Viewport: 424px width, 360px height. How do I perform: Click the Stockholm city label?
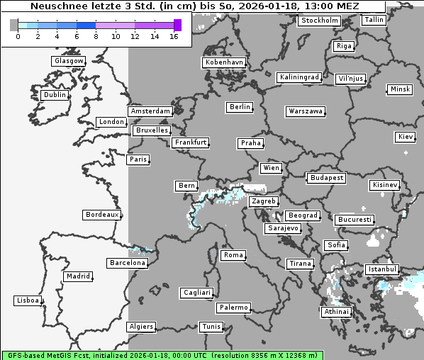point(319,21)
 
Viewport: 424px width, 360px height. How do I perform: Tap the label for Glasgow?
point(69,61)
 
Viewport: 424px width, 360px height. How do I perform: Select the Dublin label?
point(55,95)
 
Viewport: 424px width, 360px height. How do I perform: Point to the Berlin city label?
point(240,107)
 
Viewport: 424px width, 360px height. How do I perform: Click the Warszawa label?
point(306,111)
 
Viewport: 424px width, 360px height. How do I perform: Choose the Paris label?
point(138,159)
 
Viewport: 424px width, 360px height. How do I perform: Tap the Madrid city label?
point(77,276)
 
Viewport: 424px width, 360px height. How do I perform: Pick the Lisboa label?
point(28,300)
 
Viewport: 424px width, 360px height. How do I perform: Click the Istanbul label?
point(382,269)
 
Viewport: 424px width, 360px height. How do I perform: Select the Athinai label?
point(336,312)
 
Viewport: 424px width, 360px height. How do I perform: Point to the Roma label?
point(233,255)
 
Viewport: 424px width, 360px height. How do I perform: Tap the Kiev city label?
point(406,136)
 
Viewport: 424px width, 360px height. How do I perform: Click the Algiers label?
point(140,327)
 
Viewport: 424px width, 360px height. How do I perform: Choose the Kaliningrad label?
point(299,77)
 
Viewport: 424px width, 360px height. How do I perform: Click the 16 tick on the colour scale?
point(174,36)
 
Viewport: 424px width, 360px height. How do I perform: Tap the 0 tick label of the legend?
point(18,36)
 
